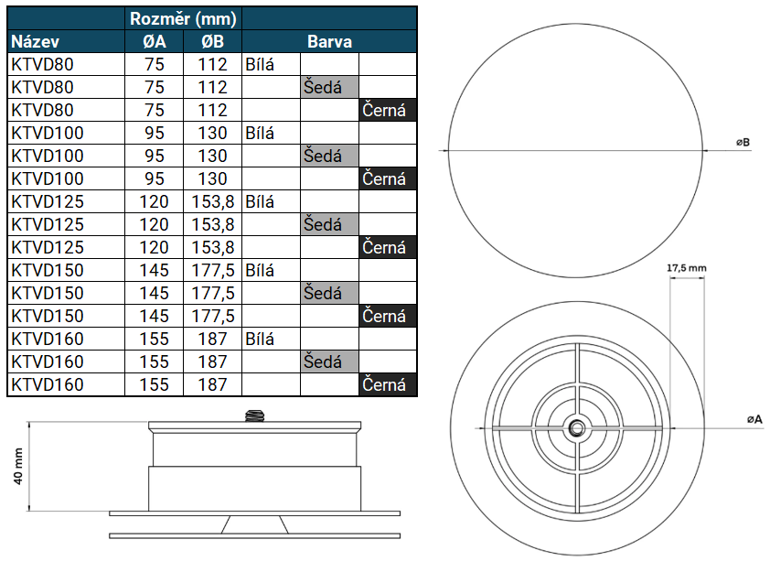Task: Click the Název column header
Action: [35, 42]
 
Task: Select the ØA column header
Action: [155, 42]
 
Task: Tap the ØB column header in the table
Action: [213, 42]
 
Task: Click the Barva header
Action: [329, 42]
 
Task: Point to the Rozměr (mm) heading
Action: [183, 18]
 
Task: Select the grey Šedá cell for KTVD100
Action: [329, 156]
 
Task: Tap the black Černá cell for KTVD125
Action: [388, 247]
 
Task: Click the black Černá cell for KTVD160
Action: [388, 384]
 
